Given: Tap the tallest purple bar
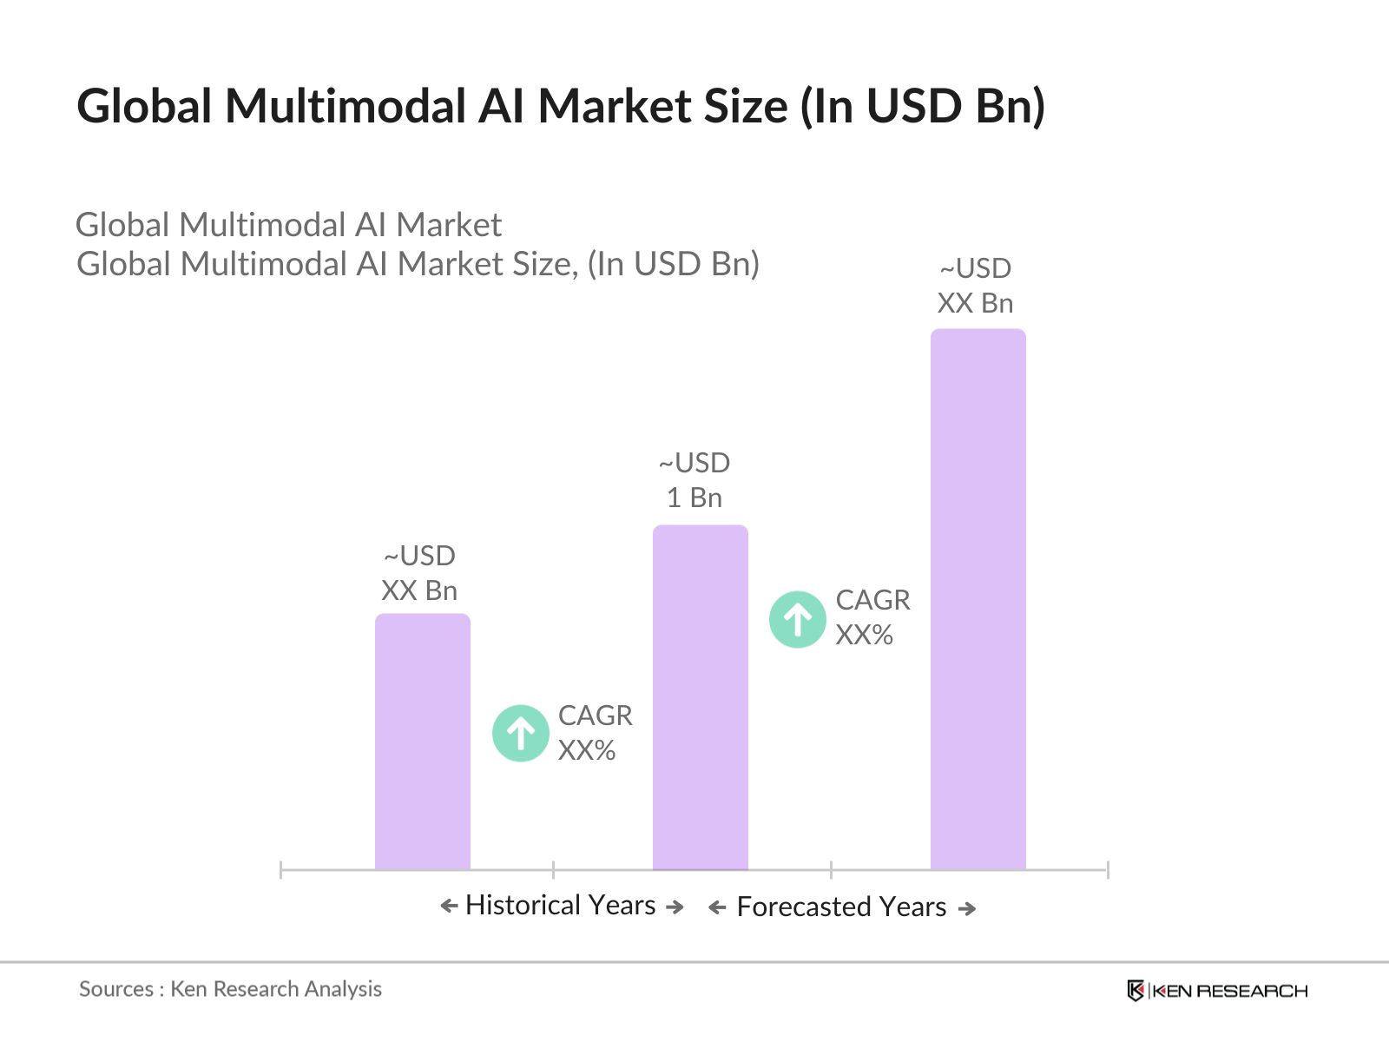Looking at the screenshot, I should tap(978, 598).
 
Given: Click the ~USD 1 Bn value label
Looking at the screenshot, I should tap(694, 480).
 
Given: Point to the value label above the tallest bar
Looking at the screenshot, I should tap(976, 286).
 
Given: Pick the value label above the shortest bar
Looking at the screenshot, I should tap(419, 573).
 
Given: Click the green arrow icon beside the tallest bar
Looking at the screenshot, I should tap(797, 619).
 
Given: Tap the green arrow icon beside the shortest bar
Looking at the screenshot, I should tap(520, 734).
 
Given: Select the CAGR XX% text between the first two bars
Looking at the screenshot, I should tap(595, 733).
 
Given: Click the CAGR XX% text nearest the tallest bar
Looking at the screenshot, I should tap(872, 617).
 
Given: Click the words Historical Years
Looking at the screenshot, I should tap(560, 905).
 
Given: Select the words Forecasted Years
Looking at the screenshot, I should tap(841, 907).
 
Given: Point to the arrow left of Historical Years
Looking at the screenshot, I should tap(449, 907).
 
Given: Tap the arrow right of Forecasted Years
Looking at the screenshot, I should tap(966, 908).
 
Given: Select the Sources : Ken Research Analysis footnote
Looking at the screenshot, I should tap(230, 989).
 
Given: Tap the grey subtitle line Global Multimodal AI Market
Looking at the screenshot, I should tap(288, 225).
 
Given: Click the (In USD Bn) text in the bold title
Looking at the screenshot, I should tap(923, 106).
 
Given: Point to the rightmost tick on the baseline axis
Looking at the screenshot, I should tap(1108, 869).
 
